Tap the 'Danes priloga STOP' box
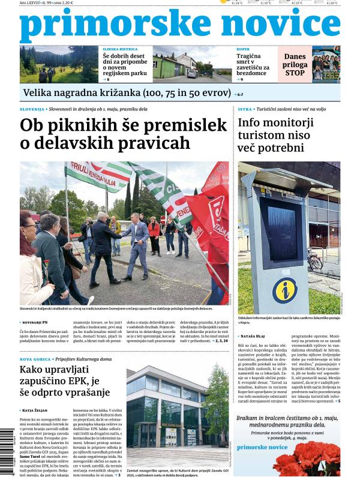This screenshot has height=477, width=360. (295, 64)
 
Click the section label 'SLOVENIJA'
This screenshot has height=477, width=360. (31, 110)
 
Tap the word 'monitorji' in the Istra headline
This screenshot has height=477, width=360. (286, 123)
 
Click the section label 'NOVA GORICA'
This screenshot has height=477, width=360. (34, 359)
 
